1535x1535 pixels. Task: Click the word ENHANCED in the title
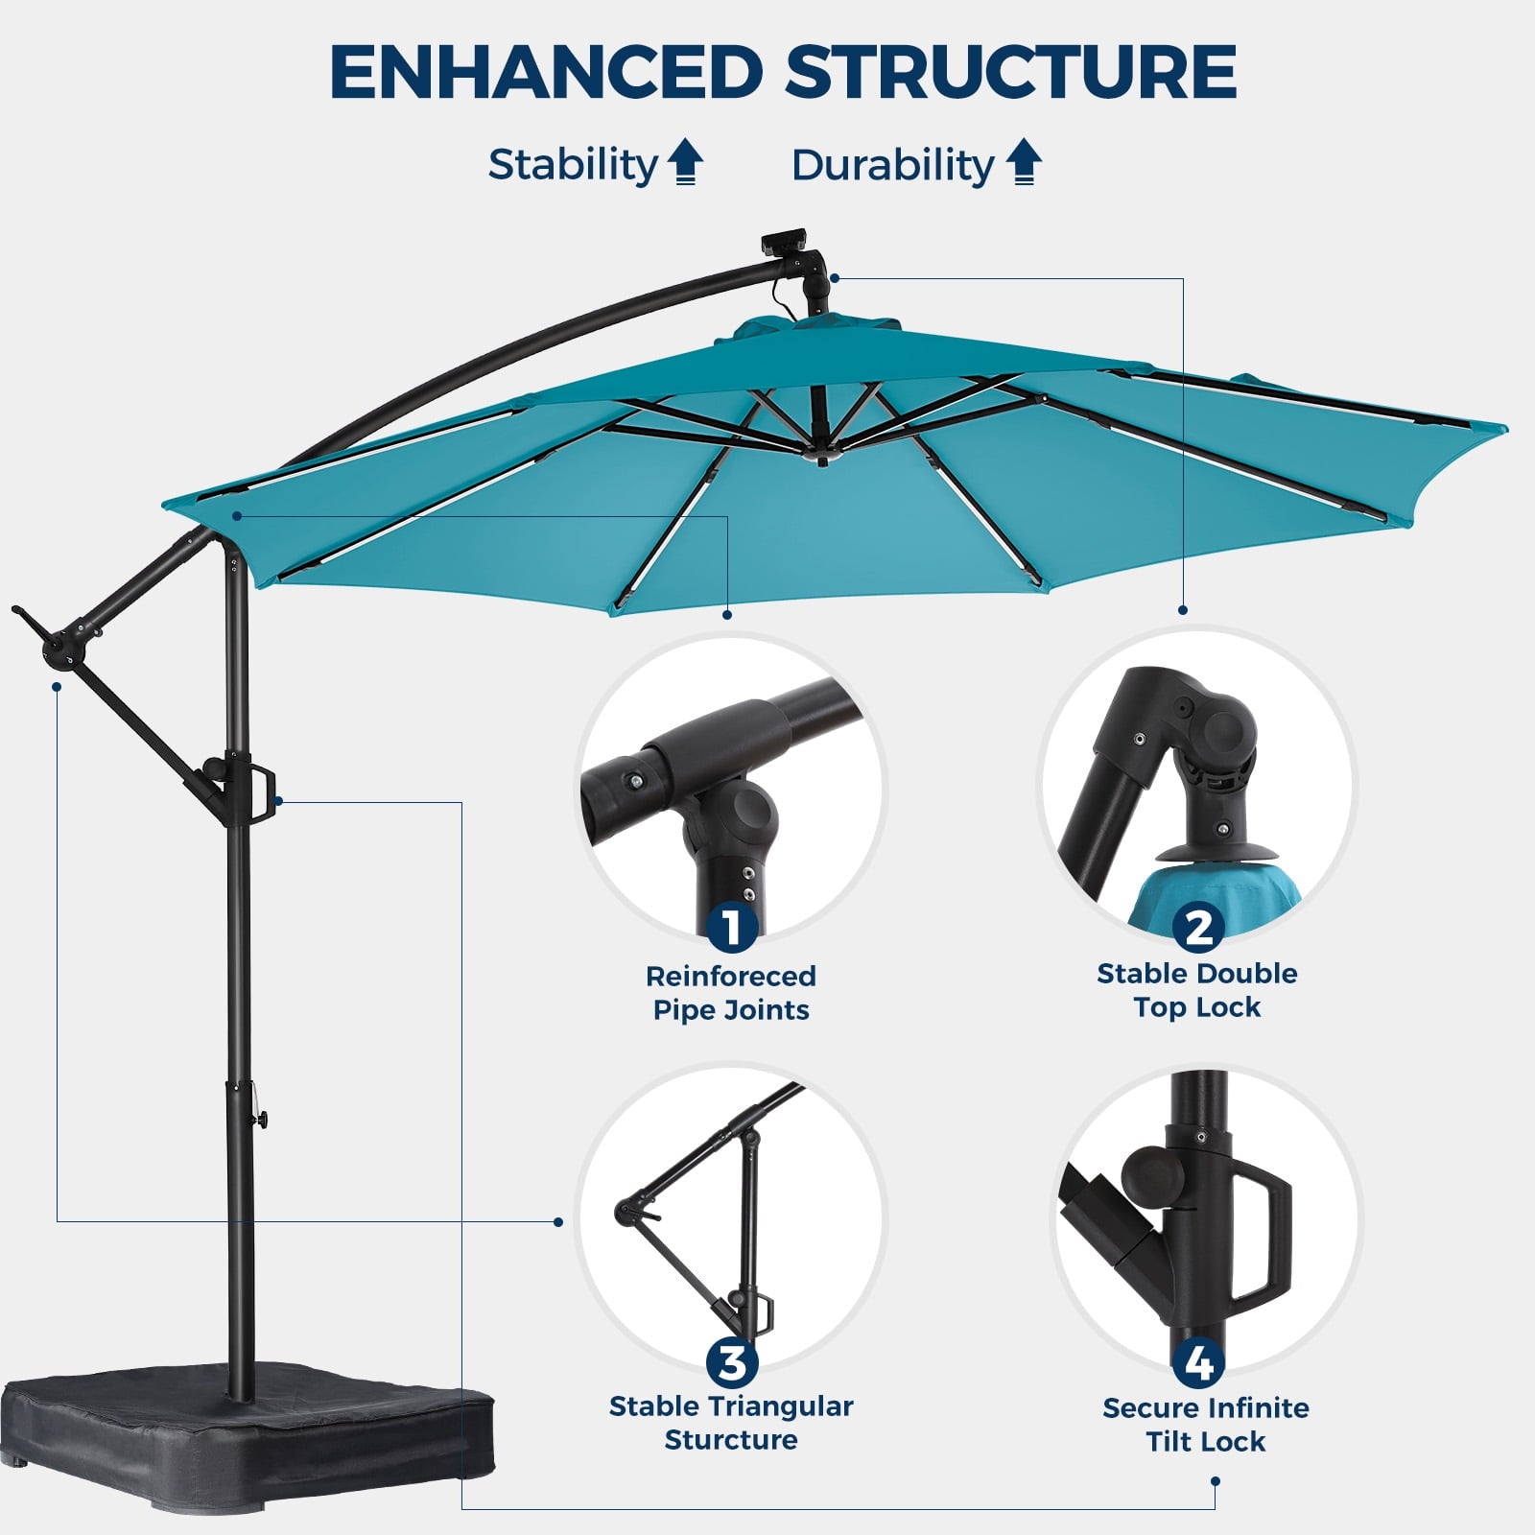(x=546, y=72)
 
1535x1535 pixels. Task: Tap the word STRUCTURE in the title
(x=1011, y=72)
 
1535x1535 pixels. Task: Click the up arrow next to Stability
(x=685, y=162)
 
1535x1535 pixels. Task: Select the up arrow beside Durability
(x=1024, y=162)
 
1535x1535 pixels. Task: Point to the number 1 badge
(x=732, y=927)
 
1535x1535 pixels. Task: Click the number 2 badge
(x=1198, y=927)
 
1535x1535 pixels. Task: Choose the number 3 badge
(x=732, y=1362)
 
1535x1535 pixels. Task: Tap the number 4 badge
(x=1198, y=1363)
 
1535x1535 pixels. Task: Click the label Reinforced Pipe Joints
(x=731, y=993)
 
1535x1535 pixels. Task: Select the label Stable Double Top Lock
(x=1197, y=990)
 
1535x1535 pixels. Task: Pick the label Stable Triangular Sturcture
(x=731, y=1423)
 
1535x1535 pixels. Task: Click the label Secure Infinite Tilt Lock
(x=1206, y=1425)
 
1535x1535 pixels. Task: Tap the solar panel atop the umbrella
(x=785, y=240)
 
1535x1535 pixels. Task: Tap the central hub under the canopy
(x=821, y=451)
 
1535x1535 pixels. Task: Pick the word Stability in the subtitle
(x=573, y=164)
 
